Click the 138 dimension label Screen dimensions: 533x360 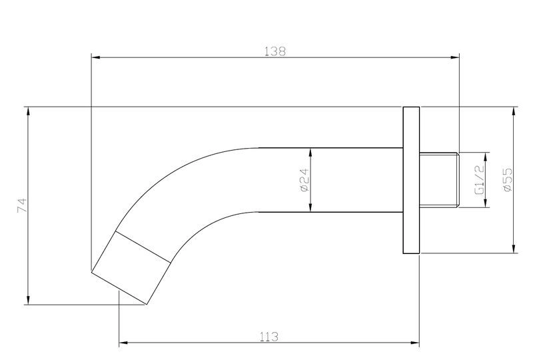tap(275, 51)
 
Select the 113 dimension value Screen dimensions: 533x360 tap(269, 337)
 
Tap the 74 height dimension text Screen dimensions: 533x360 tap(21, 205)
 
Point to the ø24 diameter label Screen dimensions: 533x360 tap(304, 180)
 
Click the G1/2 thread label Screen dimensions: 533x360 tap(479, 179)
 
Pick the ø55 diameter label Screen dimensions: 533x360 tap(507, 179)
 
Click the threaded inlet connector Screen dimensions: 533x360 tap(439, 179)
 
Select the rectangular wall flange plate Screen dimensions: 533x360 tap(411, 180)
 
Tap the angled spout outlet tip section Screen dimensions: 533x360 tap(131, 268)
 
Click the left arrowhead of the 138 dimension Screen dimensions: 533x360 tap(96, 57)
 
